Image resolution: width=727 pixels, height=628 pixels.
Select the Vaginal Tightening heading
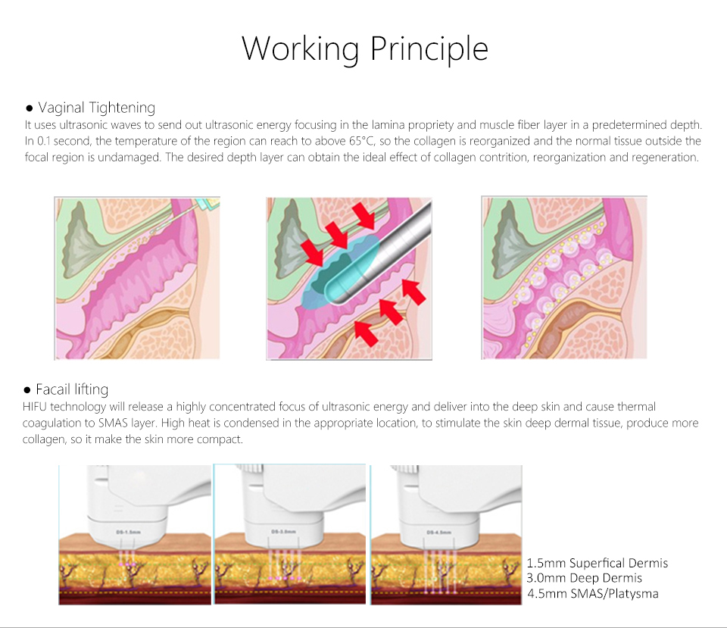pyautogui.click(x=96, y=108)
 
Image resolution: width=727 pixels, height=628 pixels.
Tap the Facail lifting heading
pyautogui.click(x=72, y=389)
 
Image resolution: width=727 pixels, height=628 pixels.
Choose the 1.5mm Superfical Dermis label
pyautogui.click(x=598, y=563)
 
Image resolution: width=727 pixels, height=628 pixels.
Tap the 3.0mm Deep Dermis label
pyautogui.click(x=584, y=578)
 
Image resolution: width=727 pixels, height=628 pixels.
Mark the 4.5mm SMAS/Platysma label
pyautogui.click(x=593, y=593)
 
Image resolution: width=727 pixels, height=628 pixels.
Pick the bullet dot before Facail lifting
pyautogui.click(x=27, y=390)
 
